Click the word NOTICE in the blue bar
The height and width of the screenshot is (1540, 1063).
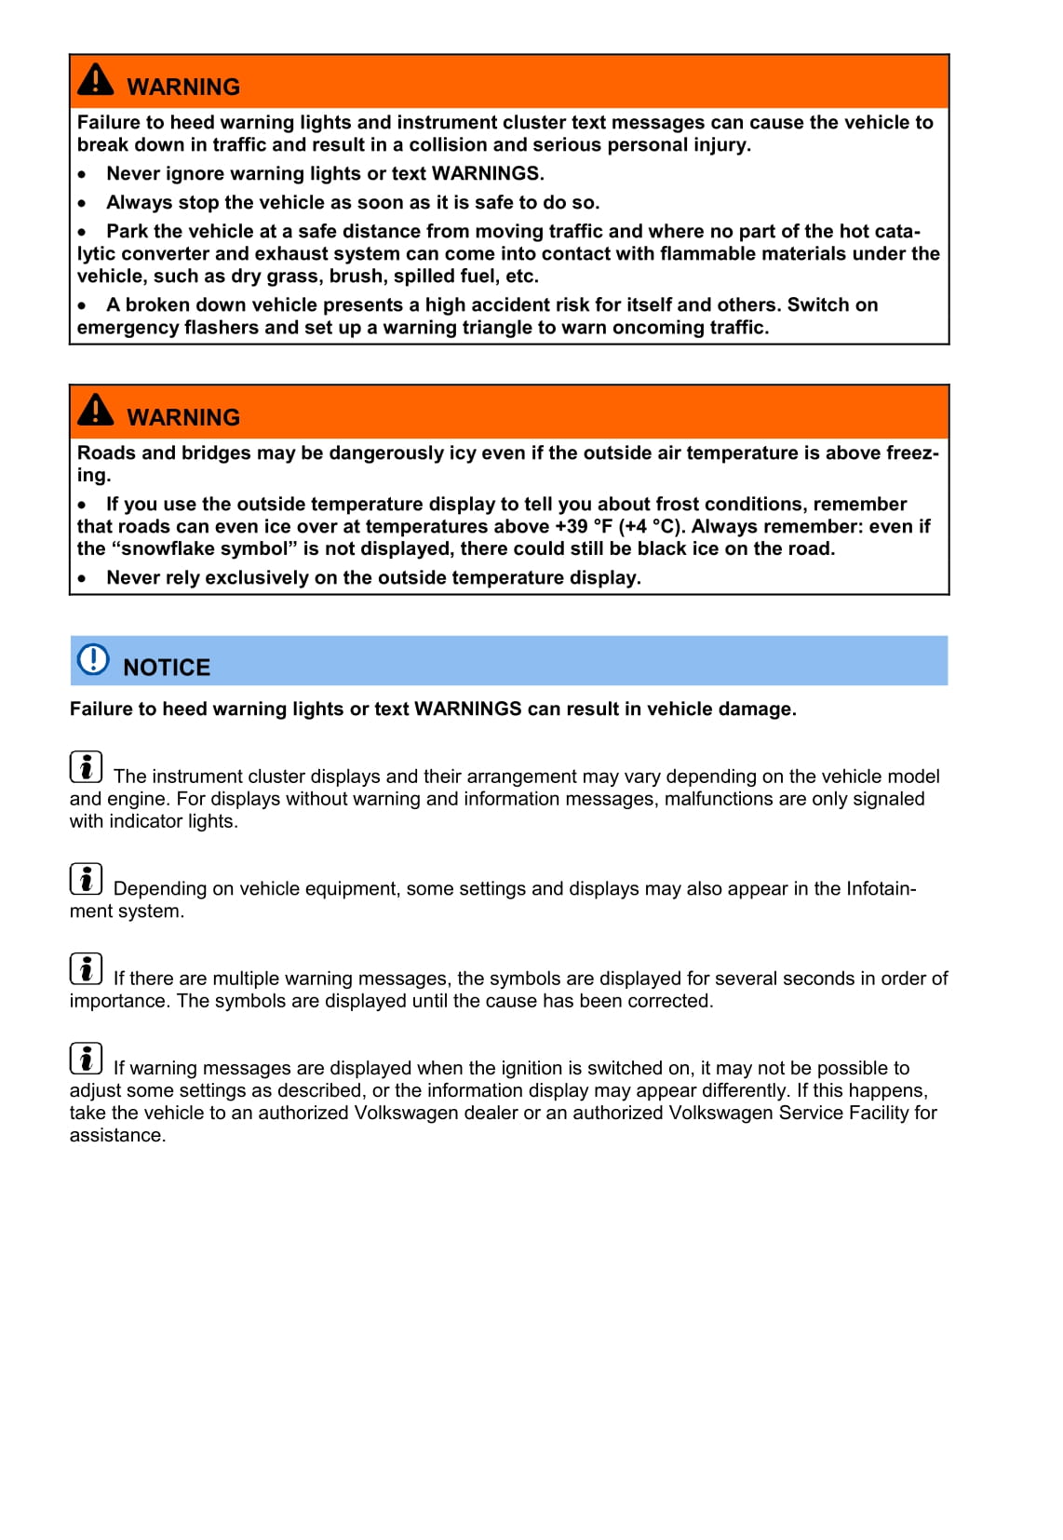[x=167, y=668]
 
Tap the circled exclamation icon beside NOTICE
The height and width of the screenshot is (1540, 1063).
[x=93, y=659]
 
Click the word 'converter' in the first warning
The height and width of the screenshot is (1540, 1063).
[x=164, y=254]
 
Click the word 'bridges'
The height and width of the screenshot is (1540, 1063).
[x=216, y=453]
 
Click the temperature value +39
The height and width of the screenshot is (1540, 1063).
[x=571, y=527]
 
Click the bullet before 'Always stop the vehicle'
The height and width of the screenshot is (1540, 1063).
[x=83, y=203]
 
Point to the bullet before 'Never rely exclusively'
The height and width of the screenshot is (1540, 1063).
[x=83, y=578]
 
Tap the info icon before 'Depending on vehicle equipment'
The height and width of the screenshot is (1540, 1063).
[x=86, y=879]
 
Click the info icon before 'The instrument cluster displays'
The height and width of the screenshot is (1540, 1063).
[x=86, y=767]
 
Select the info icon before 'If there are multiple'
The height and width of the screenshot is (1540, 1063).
[x=86, y=969]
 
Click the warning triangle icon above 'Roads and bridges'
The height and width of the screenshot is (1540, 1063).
[x=96, y=410]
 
